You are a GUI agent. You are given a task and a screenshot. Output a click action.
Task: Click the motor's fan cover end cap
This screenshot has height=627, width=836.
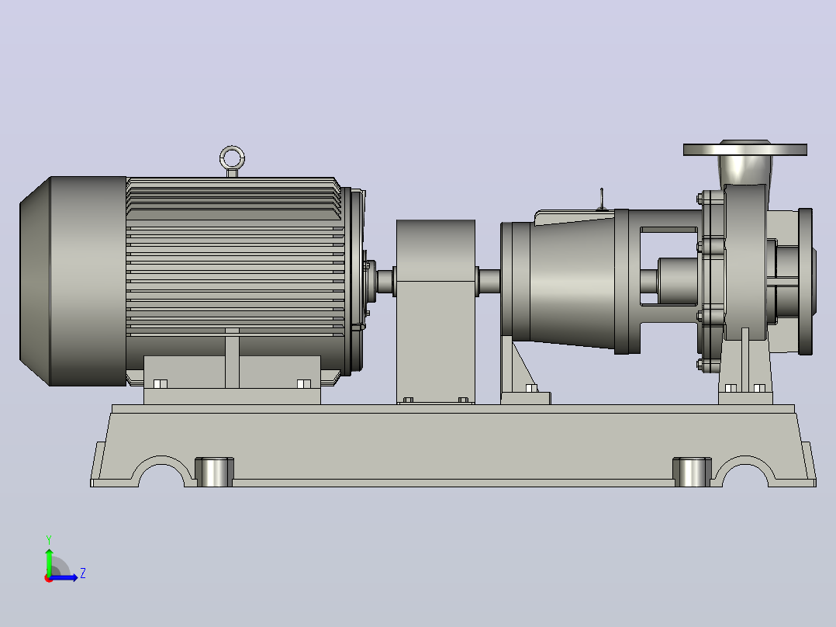tap(73, 281)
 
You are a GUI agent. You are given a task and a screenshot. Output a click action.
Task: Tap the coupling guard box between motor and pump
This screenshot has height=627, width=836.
tap(436, 312)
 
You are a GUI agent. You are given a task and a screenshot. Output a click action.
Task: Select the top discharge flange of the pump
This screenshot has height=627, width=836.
tap(744, 149)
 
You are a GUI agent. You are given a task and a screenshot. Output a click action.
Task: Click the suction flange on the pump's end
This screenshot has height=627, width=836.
tap(805, 281)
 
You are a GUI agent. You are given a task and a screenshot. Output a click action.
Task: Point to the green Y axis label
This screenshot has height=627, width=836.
tap(49, 539)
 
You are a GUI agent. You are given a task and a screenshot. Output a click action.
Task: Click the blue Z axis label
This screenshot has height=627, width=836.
tap(83, 573)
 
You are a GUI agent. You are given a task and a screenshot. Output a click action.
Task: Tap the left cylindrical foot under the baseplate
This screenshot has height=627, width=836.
tap(214, 473)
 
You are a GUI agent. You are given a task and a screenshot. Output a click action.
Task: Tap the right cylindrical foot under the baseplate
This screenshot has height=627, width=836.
tap(692, 473)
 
